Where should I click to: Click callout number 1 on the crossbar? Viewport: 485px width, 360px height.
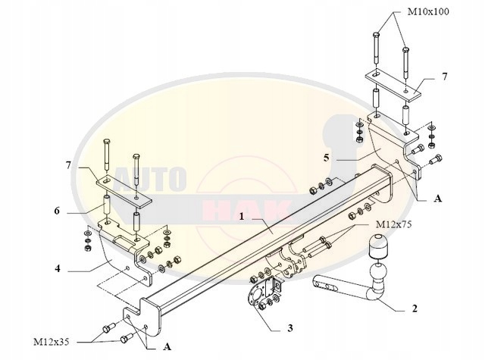coord(241,216)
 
